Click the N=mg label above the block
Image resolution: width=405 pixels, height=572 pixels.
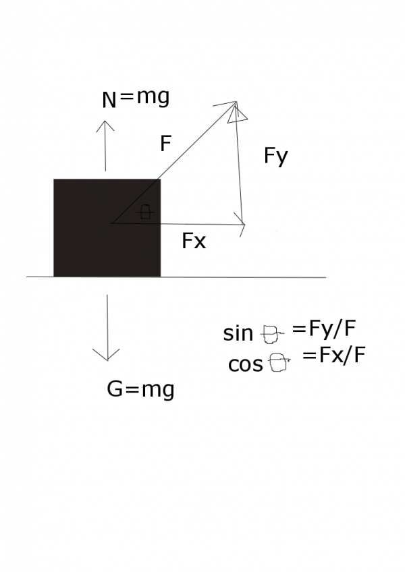click(136, 98)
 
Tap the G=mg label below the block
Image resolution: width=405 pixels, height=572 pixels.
click(140, 389)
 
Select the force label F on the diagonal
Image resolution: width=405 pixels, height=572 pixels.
click(166, 144)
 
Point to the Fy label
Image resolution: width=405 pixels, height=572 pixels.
click(275, 156)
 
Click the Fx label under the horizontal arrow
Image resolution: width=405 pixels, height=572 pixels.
click(194, 241)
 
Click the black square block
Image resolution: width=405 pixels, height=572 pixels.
click(107, 227)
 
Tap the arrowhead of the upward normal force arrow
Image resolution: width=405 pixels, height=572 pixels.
click(105, 125)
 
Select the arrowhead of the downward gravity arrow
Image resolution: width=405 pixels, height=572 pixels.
click(106, 355)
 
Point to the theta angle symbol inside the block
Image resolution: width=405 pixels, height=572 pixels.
click(145, 212)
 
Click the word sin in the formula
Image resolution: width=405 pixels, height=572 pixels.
click(238, 333)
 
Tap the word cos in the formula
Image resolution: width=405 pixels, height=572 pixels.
click(246, 364)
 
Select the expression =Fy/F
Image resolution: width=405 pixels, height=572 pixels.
click(324, 328)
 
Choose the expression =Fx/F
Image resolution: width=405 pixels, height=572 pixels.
click(334, 355)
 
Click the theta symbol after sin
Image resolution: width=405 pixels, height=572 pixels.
click(273, 334)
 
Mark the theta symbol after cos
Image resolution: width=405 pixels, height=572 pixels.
click(279, 362)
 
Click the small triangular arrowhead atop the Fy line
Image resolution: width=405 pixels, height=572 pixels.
click(237, 114)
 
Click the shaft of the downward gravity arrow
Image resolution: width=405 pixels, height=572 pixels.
click(107, 327)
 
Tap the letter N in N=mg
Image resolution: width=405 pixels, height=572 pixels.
click(109, 100)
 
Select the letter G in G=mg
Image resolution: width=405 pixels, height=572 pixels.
click(115, 389)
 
